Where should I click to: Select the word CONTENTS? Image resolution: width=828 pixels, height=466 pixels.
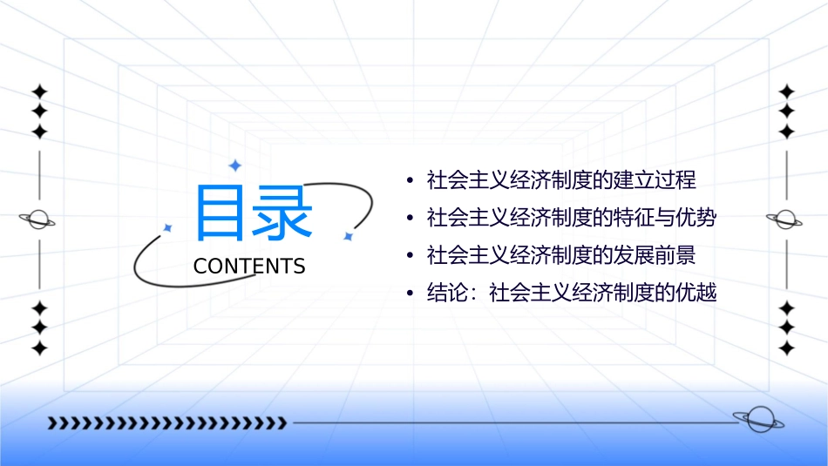point(249,267)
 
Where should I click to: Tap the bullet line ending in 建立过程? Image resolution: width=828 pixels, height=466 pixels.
point(561,180)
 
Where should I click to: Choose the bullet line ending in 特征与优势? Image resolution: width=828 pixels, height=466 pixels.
point(571,218)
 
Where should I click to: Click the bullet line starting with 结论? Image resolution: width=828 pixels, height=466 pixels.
point(571,293)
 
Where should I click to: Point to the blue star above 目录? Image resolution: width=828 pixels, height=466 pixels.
point(234,165)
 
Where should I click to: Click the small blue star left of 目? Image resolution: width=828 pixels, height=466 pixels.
point(168,227)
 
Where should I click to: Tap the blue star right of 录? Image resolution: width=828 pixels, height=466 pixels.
point(348,236)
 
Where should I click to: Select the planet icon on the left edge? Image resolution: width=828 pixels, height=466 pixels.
point(38,219)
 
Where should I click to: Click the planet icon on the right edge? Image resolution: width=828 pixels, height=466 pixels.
point(786,218)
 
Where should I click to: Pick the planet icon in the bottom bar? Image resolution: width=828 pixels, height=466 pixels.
point(757,420)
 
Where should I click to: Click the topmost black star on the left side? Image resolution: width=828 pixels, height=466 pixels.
point(39,91)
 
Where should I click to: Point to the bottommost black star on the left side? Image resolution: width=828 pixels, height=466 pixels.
point(39,348)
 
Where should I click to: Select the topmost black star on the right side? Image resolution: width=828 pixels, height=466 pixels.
point(786,91)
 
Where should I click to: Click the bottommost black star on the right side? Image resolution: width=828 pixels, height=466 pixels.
point(786,348)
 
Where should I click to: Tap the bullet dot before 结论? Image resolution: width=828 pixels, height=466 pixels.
point(410,294)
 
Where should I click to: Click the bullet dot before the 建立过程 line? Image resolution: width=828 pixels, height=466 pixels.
point(410,181)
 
